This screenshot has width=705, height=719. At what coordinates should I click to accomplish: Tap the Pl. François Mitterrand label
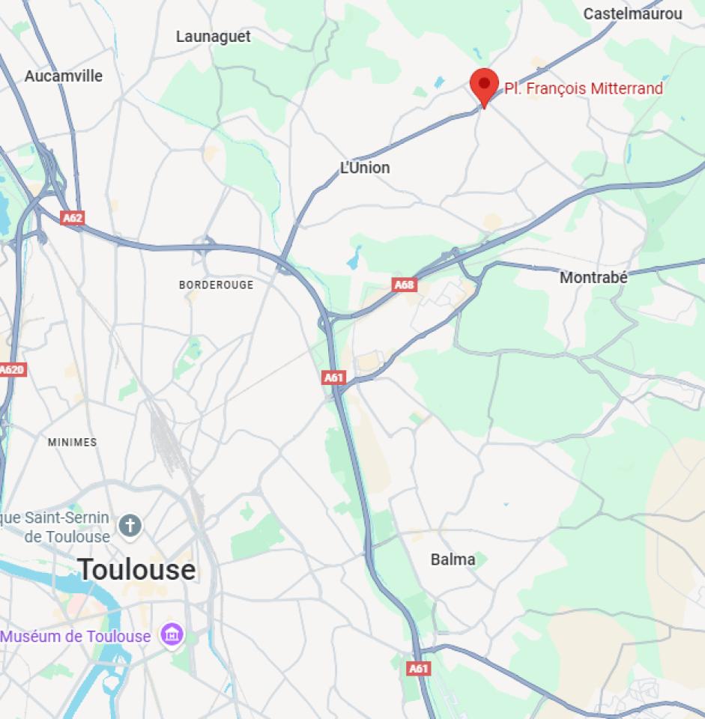(x=584, y=88)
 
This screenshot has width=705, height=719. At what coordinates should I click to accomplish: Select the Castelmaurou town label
(x=632, y=13)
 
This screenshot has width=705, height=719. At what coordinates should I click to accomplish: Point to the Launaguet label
(x=214, y=36)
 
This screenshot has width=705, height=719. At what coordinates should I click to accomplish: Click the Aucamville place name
(x=64, y=76)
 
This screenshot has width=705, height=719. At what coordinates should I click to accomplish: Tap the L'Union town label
(x=365, y=168)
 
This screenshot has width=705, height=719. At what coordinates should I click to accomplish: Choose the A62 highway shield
(x=72, y=218)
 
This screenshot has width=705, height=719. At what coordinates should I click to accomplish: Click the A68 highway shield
(x=404, y=285)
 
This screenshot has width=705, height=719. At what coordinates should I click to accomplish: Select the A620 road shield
(x=12, y=369)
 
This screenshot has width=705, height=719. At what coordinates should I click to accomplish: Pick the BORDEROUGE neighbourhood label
(x=216, y=285)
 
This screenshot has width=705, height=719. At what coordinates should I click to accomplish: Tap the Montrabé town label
(x=593, y=277)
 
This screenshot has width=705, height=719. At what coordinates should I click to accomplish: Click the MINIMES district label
(x=72, y=442)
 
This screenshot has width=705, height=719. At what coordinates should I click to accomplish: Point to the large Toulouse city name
(x=136, y=570)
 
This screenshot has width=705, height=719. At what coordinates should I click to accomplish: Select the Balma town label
(x=453, y=559)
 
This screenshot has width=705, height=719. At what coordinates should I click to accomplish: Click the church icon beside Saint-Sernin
(x=130, y=526)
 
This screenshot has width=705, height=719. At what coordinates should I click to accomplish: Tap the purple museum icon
(x=173, y=636)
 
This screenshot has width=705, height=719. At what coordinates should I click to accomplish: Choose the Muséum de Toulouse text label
(x=76, y=636)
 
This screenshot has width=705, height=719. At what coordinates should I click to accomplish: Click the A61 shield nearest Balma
(x=419, y=668)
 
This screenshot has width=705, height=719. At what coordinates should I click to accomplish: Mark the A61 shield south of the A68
(x=334, y=377)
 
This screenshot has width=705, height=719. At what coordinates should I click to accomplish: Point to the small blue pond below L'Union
(x=353, y=261)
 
